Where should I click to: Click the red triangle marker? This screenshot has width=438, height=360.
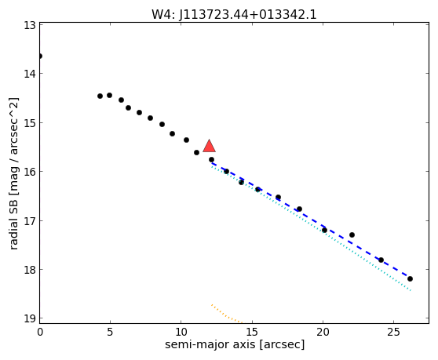210,146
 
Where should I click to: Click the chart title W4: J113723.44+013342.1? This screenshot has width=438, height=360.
234,15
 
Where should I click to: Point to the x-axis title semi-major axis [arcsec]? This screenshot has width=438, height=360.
235,344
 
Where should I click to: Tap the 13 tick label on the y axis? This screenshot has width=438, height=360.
30,25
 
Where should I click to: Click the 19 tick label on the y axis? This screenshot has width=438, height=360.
30,318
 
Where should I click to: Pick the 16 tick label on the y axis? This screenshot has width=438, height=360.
30,171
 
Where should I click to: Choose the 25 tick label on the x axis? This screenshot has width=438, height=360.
393,332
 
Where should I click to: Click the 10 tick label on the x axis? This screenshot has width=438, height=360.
181,332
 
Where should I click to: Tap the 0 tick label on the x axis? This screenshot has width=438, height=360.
40,332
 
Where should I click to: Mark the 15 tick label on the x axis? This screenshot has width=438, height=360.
252,332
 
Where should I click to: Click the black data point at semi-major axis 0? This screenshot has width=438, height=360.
40,56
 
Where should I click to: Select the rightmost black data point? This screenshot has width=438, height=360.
410,278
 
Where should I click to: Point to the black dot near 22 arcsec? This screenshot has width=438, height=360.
352,235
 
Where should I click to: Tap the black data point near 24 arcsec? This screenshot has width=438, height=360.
381,260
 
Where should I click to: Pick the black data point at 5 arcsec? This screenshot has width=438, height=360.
110,96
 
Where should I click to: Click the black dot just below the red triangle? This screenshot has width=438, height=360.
211,160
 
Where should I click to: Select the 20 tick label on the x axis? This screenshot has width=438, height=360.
323,332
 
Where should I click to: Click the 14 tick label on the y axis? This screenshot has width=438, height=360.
30,74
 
